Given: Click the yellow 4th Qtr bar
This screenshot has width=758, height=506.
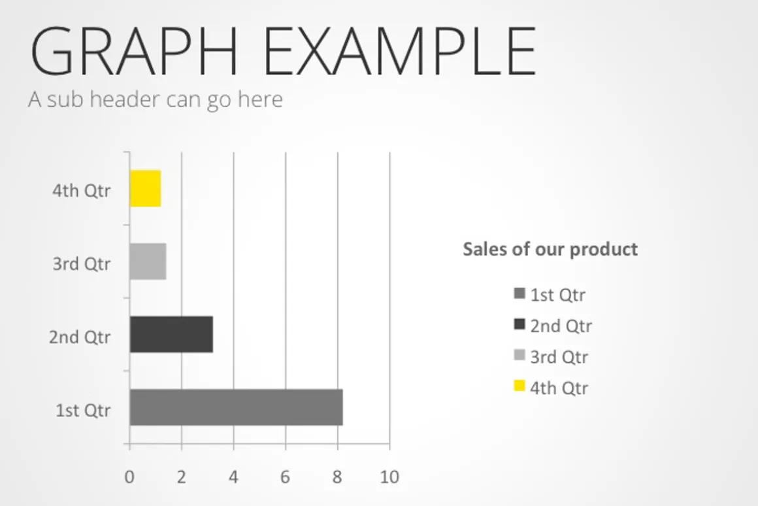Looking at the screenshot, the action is click(x=145, y=189).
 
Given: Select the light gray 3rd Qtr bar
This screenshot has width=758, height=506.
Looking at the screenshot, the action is click(x=148, y=261).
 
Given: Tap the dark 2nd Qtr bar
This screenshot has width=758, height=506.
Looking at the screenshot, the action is click(x=171, y=334).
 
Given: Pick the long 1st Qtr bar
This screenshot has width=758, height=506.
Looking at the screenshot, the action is click(x=237, y=407).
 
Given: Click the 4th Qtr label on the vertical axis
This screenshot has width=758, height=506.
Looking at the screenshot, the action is click(x=81, y=191).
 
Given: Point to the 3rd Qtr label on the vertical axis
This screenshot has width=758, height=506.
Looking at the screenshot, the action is click(x=81, y=263).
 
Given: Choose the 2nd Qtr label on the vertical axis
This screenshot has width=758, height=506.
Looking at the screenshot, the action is click(x=79, y=337).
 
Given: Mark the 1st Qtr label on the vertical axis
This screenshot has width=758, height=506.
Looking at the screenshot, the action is click(x=83, y=410).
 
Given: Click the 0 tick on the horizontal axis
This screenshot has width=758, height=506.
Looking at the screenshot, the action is click(x=129, y=477).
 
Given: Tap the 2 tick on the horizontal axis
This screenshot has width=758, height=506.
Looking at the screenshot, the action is click(x=181, y=477).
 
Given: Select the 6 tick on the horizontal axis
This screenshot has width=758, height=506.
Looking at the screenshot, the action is click(x=285, y=477).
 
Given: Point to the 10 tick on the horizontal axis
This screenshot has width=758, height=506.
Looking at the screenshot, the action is click(x=389, y=477).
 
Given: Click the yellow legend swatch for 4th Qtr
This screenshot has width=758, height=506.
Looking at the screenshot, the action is click(x=519, y=386).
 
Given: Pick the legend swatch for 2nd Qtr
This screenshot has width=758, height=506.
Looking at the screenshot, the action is click(x=519, y=324).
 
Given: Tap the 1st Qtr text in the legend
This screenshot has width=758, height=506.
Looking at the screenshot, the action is click(x=558, y=295).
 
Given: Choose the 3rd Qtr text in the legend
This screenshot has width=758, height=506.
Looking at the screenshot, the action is click(x=559, y=357).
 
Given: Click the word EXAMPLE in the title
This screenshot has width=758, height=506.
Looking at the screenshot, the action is click(x=400, y=51).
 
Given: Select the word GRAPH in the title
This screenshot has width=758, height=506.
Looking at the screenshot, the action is click(x=134, y=51).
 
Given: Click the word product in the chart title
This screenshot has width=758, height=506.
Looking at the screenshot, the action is click(x=604, y=250).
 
